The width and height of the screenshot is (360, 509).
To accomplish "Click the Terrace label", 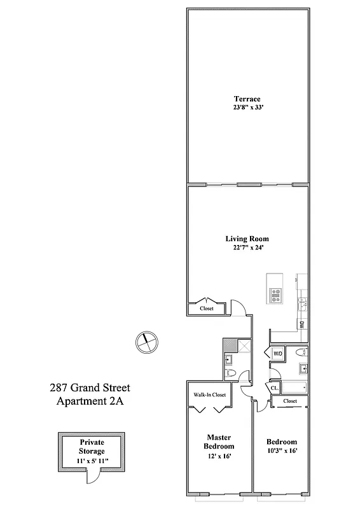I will tap(246, 99).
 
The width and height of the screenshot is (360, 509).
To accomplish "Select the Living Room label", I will tap(246, 239).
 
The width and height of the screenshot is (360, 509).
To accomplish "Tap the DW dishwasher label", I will tap(301, 324).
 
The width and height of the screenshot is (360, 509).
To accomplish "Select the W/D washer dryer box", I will tap(277, 353).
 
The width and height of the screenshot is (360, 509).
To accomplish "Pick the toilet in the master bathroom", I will tap(231, 373).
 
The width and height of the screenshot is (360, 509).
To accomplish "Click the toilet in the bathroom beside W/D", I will tap(302, 352).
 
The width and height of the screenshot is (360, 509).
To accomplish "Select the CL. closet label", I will tap(275, 387).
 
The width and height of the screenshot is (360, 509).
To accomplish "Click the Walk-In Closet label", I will tap(210, 394).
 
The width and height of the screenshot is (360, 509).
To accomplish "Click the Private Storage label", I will tap(92, 446).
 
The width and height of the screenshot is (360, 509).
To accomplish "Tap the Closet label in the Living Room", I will tap(207, 309).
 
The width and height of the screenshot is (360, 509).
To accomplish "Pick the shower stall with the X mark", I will tap(242, 347).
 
